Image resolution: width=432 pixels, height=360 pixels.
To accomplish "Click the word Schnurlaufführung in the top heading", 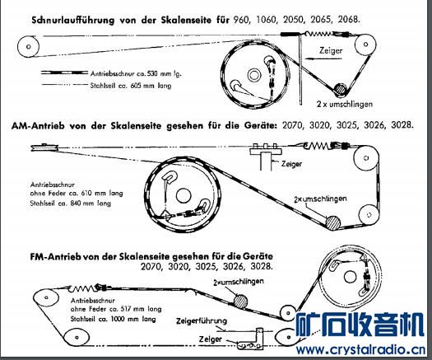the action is click(72, 21).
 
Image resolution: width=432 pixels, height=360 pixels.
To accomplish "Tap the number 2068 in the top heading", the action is click(349, 19).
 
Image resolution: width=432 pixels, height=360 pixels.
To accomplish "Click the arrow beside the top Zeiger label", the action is click(323, 58).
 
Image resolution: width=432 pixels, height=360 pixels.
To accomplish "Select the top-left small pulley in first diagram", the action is click(28, 47).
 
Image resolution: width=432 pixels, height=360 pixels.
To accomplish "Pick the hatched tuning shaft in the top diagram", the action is click(339, 90).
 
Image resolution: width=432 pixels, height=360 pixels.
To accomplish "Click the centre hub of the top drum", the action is click(254, 75).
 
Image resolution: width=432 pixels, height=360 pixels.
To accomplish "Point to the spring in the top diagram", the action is click(318, 34).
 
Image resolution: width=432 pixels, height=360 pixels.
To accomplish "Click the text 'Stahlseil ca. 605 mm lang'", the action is click(131, 86).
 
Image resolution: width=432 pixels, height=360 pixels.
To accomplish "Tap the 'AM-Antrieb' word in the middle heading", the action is click(38, 126).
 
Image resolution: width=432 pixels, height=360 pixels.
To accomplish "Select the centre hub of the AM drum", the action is click(183, 196).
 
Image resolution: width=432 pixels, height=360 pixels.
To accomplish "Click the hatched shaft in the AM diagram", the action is click(333, 223).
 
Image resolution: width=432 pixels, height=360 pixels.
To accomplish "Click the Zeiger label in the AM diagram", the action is click(291, 164).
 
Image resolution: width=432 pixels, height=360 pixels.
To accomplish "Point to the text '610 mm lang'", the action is click(102, 193).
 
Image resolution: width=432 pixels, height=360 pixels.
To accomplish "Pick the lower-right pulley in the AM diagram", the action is click(369, 215).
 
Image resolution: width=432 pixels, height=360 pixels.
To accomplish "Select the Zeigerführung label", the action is click(202, 321).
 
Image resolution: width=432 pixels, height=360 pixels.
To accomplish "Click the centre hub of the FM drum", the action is click(350, 277).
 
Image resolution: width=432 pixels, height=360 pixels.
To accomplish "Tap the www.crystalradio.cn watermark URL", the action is click(360, 350).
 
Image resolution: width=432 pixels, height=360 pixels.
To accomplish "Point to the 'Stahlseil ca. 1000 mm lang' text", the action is click(114, 319).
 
